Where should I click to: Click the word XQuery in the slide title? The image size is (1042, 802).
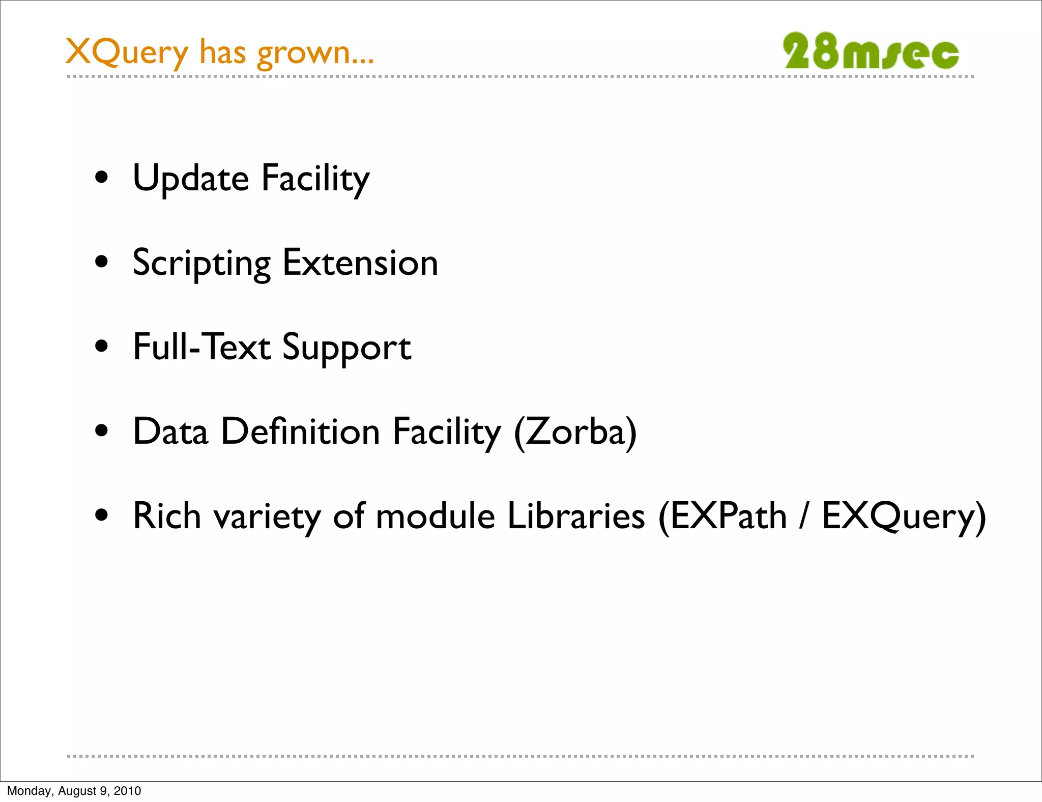coord(127,52)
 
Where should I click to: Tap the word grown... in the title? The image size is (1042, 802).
coord(315,53)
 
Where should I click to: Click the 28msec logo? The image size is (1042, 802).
coord(871,51)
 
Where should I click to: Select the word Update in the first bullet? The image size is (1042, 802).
coord(190,179)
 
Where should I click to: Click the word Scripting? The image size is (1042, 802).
coord(201,264)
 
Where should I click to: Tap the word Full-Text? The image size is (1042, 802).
coord(201,347)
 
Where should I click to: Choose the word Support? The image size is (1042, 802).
coord(346,348)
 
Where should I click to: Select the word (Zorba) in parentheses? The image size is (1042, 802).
coord(575,432)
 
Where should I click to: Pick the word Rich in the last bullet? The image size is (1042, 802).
coord(167,516)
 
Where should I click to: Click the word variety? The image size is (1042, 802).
coord(267,517)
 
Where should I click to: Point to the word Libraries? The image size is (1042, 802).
coord(576,516)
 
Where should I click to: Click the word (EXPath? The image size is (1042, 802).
coord(722,517)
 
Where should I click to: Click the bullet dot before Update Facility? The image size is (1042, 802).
coord(102,178)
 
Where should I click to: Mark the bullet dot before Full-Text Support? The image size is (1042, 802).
coord(102,347)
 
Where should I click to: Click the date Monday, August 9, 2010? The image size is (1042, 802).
coord(74,791)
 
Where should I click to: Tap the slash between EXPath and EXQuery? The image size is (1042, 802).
coord(804,516)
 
